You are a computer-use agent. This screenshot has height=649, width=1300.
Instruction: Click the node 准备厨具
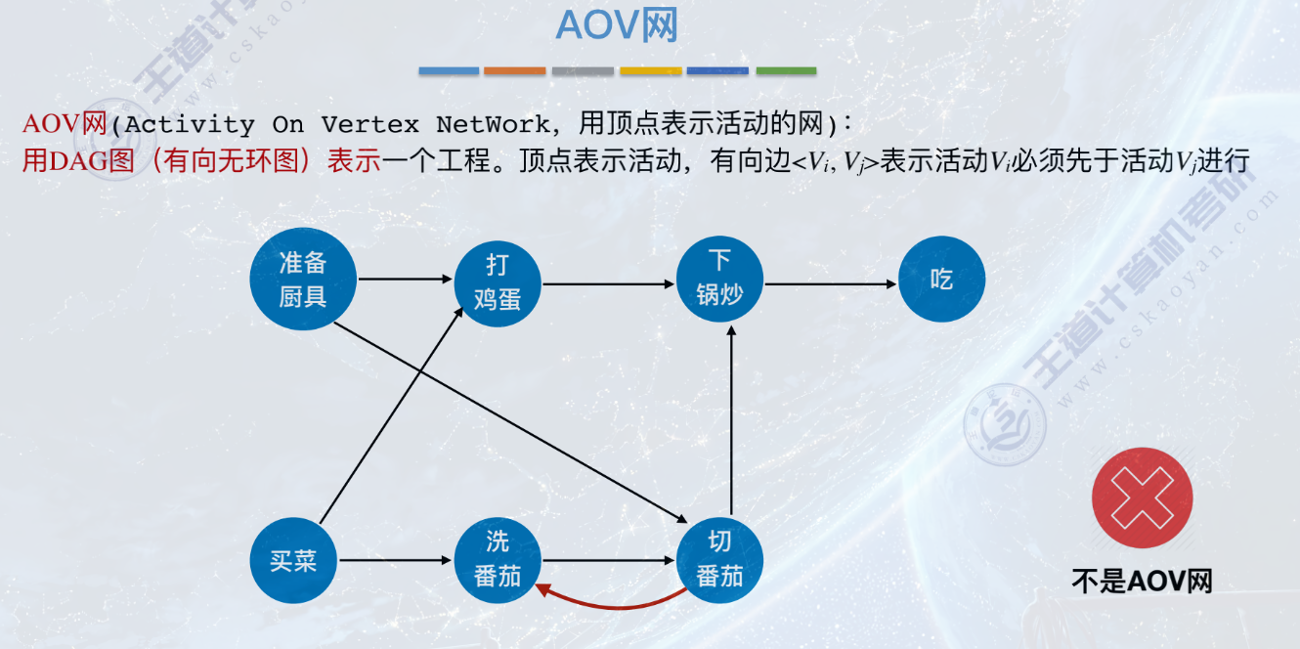303,279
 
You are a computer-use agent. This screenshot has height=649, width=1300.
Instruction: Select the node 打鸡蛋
497,283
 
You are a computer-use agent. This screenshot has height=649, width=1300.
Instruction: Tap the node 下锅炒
719,279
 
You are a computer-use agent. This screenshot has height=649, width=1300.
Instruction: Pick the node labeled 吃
941,281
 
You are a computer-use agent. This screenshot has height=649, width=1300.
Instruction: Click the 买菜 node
293,561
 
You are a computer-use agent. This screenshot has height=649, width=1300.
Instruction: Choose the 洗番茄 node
497,560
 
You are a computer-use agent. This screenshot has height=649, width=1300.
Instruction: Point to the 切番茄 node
719,560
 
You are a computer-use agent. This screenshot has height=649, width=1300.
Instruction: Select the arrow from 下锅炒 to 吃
831,284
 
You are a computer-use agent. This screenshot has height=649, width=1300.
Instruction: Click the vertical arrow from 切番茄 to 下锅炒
731,420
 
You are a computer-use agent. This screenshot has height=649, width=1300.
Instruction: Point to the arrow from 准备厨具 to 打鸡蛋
406,280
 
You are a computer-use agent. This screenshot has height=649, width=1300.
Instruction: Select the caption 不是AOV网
1142,581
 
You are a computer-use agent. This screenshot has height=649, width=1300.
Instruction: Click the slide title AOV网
617,26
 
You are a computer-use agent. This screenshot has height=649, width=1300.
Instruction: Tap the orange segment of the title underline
514,71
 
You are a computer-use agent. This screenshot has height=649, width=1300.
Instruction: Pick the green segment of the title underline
786,71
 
